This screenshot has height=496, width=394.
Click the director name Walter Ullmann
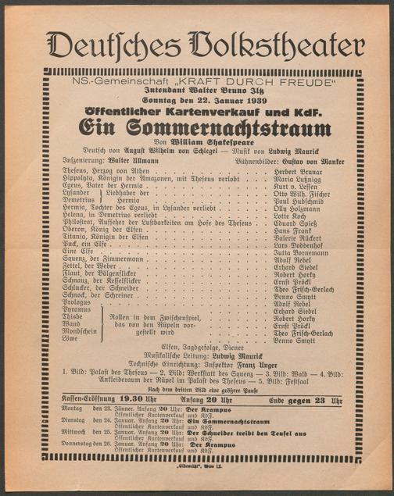coord(137,161)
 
